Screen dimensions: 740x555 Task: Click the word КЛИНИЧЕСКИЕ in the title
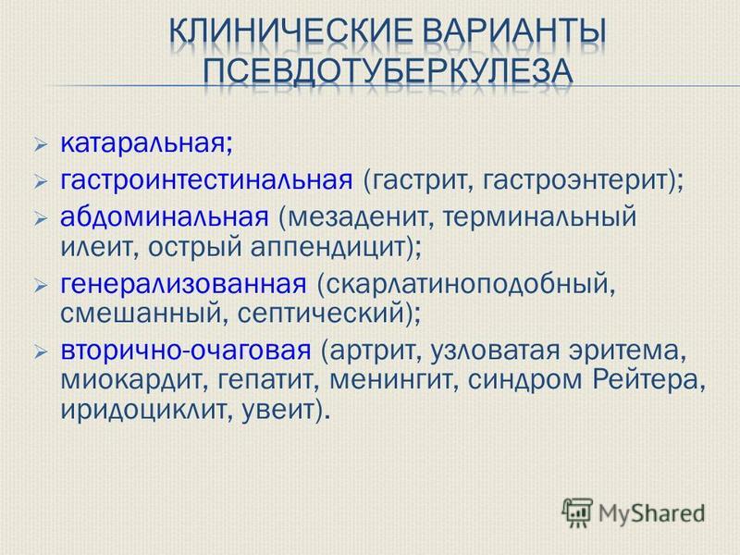[x=290, y=31]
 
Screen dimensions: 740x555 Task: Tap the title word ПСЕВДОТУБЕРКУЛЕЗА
[x=388, y=71]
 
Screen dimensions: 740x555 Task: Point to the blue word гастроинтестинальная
[x=206, y=179]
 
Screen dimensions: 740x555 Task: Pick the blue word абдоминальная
[x=165, y=216]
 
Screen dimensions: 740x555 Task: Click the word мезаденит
[x=356, y=217]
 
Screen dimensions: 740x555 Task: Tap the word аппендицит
[x=328, y=248]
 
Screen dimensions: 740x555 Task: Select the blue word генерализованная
[x=183, y=284]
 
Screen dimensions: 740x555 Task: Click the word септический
[x=320, y=314]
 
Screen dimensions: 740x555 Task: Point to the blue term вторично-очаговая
[x=186, y=351]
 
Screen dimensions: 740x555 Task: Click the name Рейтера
[x=644, y=380]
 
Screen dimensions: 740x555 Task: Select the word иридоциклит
[x=145, y=410]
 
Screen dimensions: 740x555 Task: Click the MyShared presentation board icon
[x=577, y=513]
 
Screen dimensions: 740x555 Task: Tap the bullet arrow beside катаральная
[x=41, y=144]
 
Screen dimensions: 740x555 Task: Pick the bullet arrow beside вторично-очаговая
[x=41, y=351]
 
